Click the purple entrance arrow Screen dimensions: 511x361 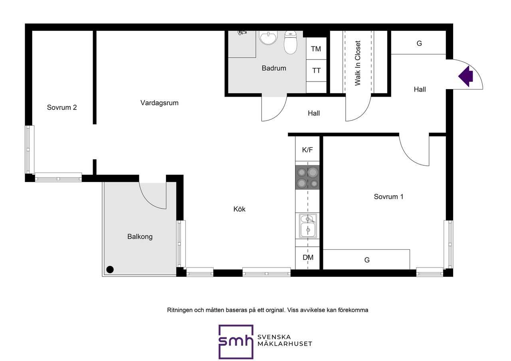465,76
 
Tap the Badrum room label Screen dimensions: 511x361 274,68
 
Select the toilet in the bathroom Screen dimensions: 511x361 290,42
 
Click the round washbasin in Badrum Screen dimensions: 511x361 268,38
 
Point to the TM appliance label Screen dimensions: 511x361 316,49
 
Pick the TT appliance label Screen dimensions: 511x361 316,71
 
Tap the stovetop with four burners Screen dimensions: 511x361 307,177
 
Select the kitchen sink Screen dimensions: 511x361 308,226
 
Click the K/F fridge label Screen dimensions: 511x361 307,150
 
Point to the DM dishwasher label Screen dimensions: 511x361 308,258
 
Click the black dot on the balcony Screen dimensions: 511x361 110,270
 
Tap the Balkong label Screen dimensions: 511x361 140,237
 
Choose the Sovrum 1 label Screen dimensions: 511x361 388,196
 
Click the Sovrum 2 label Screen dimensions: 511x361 62,107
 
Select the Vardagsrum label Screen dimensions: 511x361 159,103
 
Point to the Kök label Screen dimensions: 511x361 239,209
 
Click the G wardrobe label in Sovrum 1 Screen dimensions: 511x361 367,260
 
